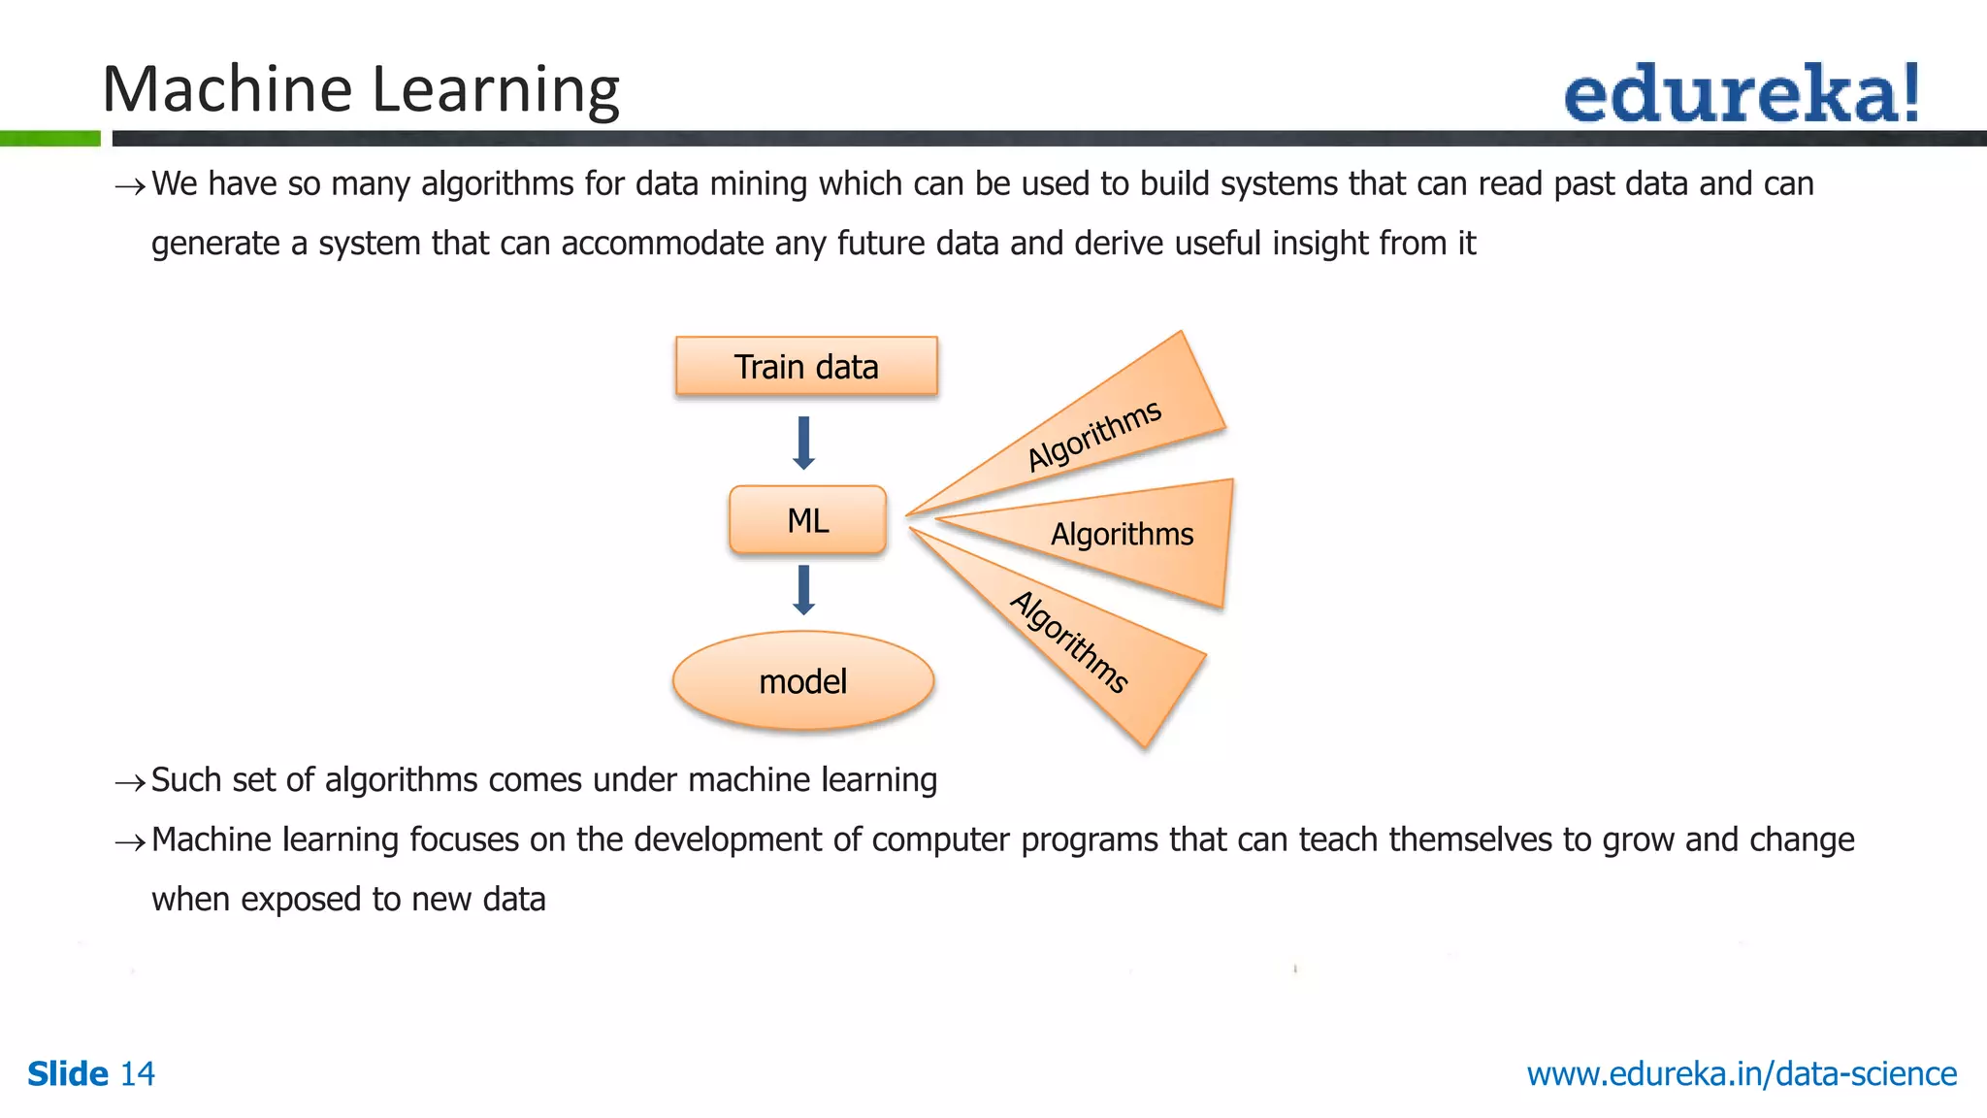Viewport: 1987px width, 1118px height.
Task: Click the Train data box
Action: pos(806,366)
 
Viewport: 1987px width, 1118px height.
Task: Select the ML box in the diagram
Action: pos(807,520)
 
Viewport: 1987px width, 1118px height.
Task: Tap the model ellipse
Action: pos(803,681)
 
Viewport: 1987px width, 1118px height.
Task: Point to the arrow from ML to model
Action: pos(803,590)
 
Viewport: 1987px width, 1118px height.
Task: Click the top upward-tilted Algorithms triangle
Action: pos(1116,427)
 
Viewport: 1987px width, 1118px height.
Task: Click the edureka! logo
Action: pos(1742,94)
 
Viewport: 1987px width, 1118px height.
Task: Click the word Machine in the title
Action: pos(227,89)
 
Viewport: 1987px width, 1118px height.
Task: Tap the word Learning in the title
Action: pos(496,89)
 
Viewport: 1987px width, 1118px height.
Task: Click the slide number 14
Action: pos(137,1074)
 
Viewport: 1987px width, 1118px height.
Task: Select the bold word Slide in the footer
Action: pos(68,1074)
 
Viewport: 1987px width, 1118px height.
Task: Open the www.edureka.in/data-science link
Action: pos(1742,1074)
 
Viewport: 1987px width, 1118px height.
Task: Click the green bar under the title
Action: pos(50,139)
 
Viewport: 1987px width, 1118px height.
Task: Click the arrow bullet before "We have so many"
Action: pos(130,185)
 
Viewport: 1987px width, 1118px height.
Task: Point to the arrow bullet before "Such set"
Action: pos(130,781)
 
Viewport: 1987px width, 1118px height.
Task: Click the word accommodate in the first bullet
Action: pos(663,243)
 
